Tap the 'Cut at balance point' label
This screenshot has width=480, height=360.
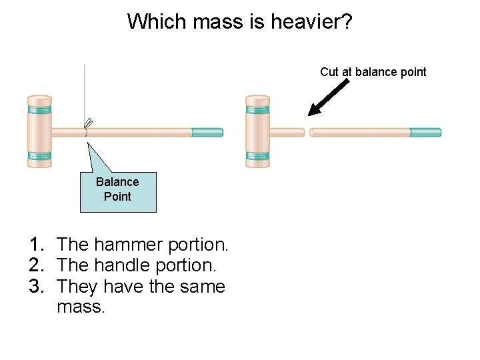tap(373, 72)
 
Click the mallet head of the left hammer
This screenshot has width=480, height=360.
tap(39, 131)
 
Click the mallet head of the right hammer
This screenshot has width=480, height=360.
tap(257, 131)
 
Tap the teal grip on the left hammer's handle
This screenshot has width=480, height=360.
tap(207, 132)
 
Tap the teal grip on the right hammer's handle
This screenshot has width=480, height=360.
tap(425, 132)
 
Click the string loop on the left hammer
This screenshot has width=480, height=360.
tap(88, 124)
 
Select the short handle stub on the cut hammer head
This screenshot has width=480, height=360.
tap(287, 132)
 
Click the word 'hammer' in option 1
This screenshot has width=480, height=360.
tap(129, 245)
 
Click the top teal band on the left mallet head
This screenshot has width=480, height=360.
tap(39, 105)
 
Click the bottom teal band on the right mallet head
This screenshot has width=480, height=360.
tap(257, 157)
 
